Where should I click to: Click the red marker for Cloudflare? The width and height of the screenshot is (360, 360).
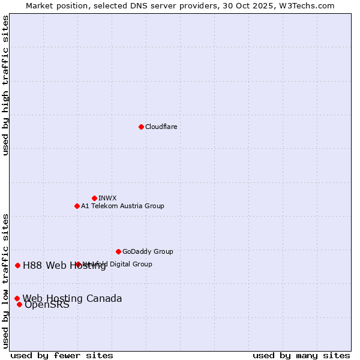(x=141, y=127)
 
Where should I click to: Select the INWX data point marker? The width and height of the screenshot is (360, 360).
(x=94, y=198)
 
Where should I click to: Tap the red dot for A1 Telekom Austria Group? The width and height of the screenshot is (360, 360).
(x=77, y=206)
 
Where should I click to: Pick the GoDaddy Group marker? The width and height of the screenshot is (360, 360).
(x=118, y=251)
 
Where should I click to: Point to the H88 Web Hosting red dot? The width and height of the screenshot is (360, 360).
(x=17, y=265)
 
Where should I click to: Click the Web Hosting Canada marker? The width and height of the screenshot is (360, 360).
(x=17, y=298)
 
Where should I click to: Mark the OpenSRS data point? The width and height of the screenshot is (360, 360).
(x=19, y=304)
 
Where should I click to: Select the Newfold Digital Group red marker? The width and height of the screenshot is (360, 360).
(x=78, y=264)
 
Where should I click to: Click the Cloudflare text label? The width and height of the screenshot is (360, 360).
(x=161, y=127)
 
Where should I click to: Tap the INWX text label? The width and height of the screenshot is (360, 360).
(x=107, y=198)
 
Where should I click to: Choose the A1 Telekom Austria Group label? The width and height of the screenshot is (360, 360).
(x=122, y=206)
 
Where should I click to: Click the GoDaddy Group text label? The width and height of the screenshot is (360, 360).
(x=148, y=251)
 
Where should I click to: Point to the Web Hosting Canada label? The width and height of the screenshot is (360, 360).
(x=72, y=298)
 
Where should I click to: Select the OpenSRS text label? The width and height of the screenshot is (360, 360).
(x=47, y=305)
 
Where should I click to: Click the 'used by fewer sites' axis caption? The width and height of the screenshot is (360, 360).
(x=62, y=355)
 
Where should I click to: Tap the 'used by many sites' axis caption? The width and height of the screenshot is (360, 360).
(x=301, y=355)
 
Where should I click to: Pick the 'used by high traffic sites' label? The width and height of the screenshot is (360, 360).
(x=6, y=85)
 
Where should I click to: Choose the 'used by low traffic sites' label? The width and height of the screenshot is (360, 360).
(x=6, y=281)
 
